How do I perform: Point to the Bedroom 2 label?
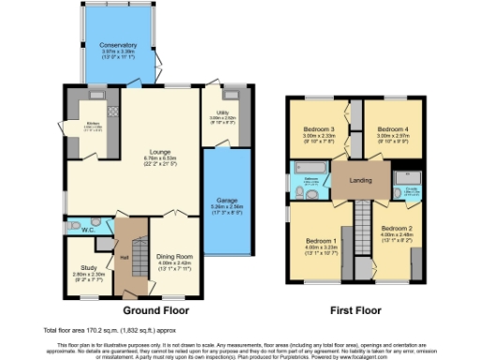[x=397, y=228]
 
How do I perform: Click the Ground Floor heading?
[x=157, y=308]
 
